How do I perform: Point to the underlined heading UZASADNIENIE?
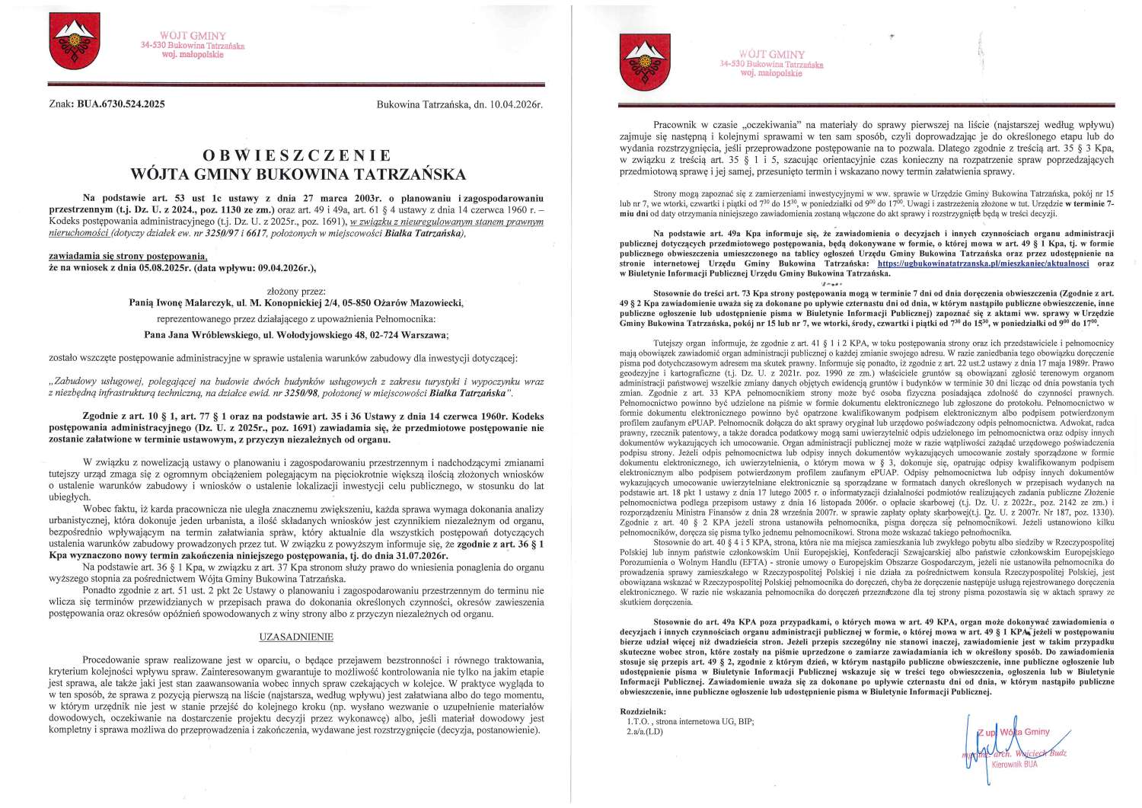(296, 637)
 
